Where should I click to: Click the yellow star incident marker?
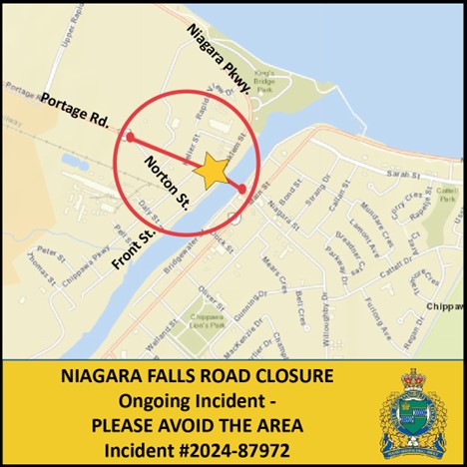point(211,171)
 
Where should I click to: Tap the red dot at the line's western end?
point(130,136)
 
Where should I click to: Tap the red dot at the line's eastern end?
point(242,188)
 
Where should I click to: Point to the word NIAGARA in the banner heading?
point(98,379)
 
